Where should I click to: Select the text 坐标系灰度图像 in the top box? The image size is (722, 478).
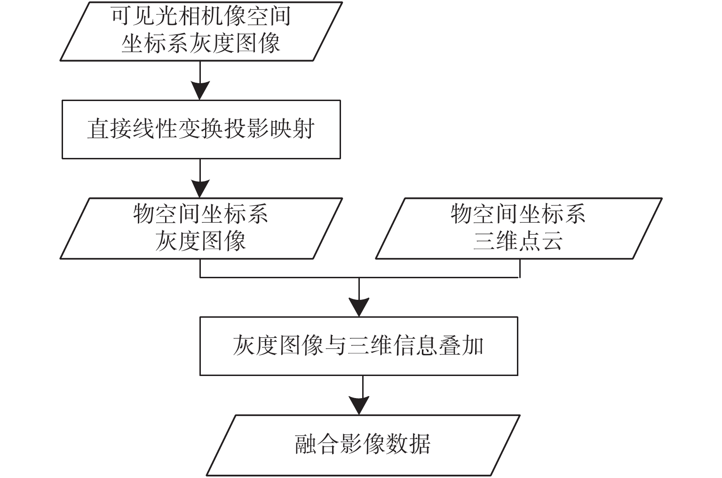201,43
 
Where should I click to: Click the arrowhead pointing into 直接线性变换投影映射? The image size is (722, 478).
200,91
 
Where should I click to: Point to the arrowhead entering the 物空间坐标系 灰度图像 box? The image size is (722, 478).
200,188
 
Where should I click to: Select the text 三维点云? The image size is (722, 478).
518,241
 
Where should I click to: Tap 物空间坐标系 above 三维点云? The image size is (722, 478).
518,214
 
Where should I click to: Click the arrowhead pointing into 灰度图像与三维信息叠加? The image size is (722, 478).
359,307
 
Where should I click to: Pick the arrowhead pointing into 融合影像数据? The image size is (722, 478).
359,406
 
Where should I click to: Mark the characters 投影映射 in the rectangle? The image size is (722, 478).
269,129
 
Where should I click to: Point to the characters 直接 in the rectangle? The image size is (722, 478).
110,129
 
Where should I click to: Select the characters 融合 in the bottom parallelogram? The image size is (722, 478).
318,445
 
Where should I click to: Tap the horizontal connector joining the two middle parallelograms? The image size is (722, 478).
360,277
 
